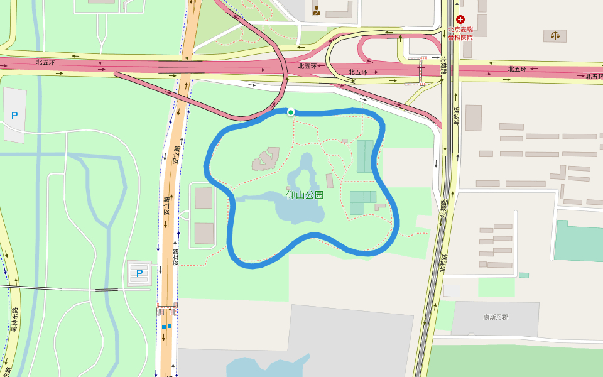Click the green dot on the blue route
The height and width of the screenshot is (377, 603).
[x=291, y=112]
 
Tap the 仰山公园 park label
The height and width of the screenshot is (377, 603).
[x=305, y=195]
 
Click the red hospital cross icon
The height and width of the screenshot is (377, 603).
[x=460, y=20]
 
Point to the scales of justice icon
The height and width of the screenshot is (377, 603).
[x=555, y=36]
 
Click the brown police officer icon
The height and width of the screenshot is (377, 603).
[x=317, y=11]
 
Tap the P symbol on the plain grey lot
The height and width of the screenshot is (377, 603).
[x=14, y=116]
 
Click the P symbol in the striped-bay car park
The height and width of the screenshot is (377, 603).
[x=139, y=273]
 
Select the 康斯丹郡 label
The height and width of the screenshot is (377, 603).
[x=496, y=317]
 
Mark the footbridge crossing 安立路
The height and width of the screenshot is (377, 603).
[x=167, y=309]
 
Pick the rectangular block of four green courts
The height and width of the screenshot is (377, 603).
[x=364, y=156]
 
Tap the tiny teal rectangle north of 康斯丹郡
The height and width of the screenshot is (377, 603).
[x=523, y=275]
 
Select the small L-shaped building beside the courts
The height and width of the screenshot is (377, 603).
[x=380, y=206]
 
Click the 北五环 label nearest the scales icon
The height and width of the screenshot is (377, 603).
[x=517, y=69]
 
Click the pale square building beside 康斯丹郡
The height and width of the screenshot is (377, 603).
[x=452, y=291]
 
